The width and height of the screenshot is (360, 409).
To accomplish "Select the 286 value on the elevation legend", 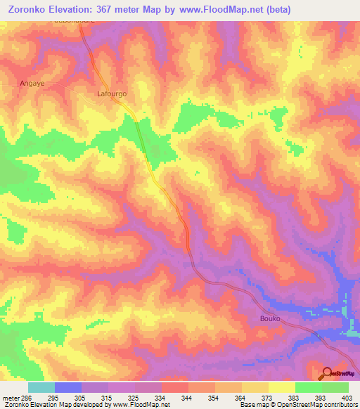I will (26, 398).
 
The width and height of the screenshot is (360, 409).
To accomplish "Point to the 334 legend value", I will (161, 398).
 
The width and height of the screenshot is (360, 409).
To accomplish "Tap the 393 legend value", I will (321, 398).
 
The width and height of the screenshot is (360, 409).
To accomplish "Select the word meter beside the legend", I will (10, 398).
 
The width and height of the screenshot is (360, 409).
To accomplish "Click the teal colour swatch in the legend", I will (41, 387).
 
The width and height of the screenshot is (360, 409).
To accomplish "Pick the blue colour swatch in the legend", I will (67, 387).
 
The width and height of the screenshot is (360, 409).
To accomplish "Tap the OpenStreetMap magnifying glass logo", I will (327, 373).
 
